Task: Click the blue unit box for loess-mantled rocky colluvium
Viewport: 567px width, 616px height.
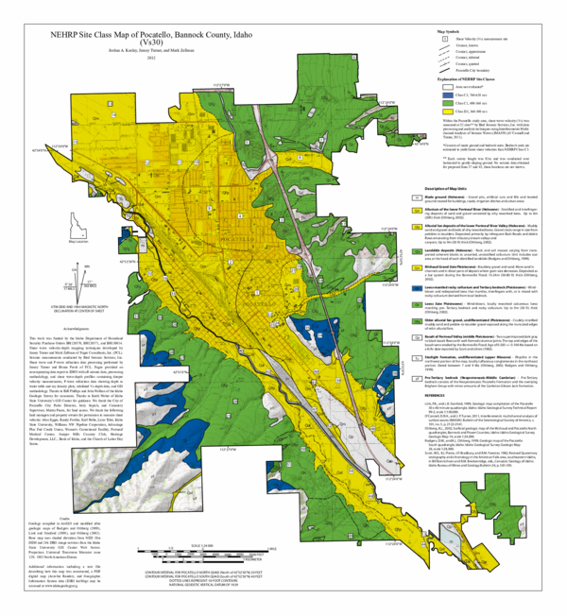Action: tap(418, 314)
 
